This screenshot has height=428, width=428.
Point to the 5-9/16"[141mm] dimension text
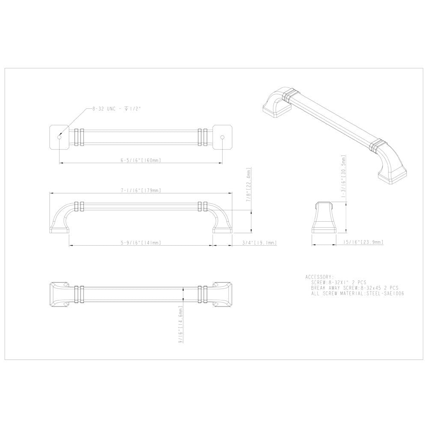coord(140,243)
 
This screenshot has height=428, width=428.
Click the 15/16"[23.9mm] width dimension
coord(363,242)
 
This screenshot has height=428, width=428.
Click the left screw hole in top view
coord(59,137)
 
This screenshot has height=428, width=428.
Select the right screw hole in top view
coord(222,137)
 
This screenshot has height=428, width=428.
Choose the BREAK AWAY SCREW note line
coord(355,288)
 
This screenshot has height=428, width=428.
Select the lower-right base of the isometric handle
coord(391,175)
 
